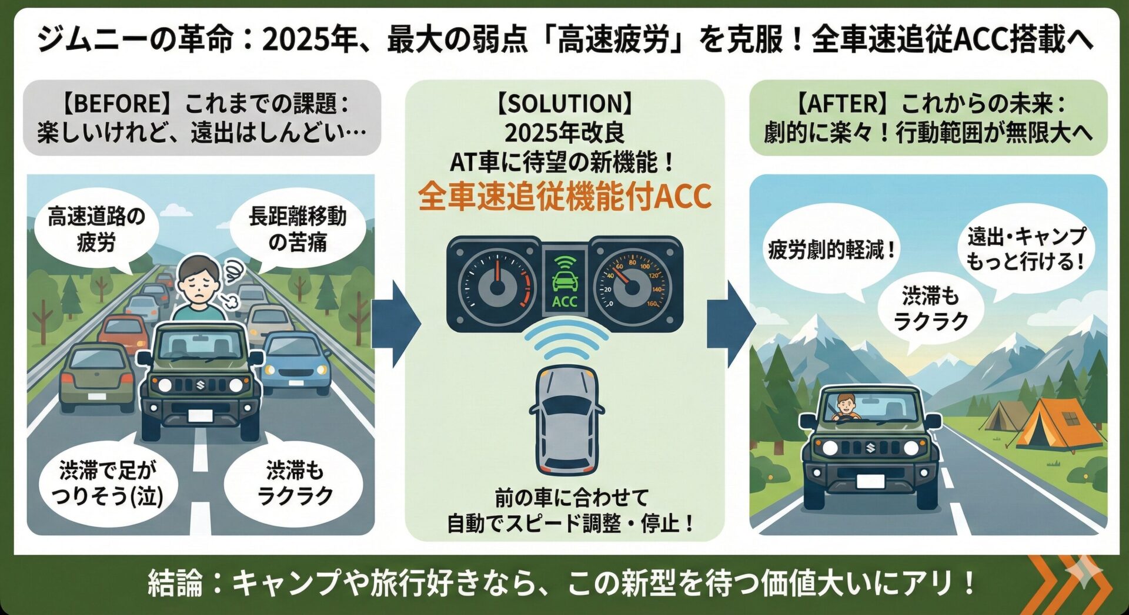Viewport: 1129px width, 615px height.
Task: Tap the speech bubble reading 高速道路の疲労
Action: click(x=96, y=230)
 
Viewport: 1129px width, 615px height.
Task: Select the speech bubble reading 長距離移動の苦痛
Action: click(x=298, y=230)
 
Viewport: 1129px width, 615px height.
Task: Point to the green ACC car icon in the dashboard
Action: click(x=564, y=280)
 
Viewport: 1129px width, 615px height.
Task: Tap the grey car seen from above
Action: click(x=566, y=420)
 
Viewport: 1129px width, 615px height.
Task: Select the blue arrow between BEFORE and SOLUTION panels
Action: click(x=398, y=324)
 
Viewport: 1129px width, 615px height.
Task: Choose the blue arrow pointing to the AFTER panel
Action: click(x=732, y=324)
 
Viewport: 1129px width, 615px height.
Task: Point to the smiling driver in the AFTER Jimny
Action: click(x=846, y=406)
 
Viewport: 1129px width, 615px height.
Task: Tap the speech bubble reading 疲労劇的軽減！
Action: click(x=831, y=250)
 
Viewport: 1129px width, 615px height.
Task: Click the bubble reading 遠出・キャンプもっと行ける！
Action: click(x=1026, y=249)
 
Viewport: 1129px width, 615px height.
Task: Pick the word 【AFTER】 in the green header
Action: click(x=841, y=105)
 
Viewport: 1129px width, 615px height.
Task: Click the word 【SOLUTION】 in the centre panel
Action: click(x=564, y=104)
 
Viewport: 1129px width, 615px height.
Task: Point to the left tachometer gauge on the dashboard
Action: click(x=497, y=284)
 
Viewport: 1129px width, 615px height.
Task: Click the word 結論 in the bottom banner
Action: click(x=175, y=583)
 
